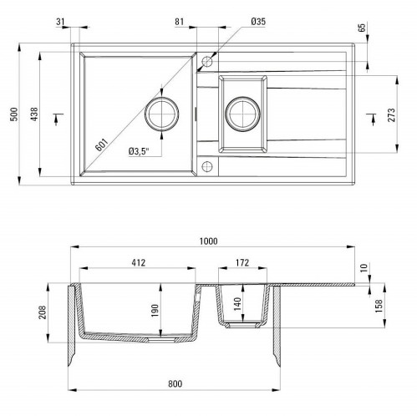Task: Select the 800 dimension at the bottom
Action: [174, 383]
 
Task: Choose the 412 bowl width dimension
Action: [139, 262]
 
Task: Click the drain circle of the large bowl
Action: [163, 114]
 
